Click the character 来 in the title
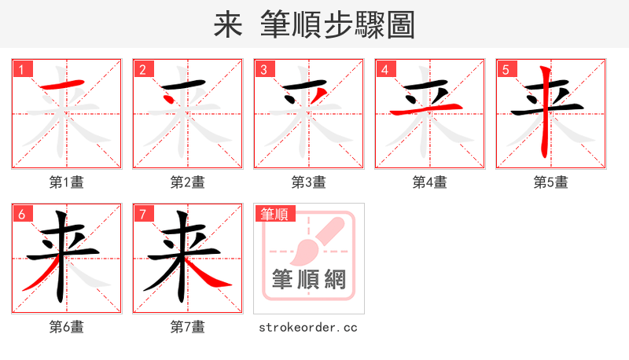pos(227,24)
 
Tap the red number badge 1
pos(22,69)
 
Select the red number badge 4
pos(385,69)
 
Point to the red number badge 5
pos(506,69)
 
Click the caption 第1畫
pos(67,182)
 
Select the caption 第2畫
pos(188,182)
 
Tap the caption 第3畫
pos(309,182)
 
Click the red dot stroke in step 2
pos(170,99)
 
